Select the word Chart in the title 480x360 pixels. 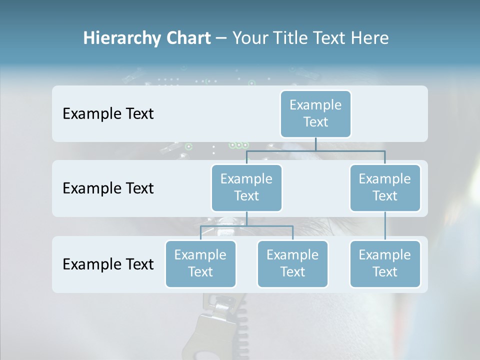pyautogui.click(x=188, y=38)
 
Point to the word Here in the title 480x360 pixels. pyautogui.click(x=370, y=38)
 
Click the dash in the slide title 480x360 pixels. pyautogui.click(x=221, y=38)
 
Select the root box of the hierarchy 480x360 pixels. pyautogui.click(x=315, y=113)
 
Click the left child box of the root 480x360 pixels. pyautogui.click(x=246, y=187)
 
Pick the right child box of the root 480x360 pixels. pyautogui.click(x=385, y=187)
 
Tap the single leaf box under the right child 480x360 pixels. pyautogui.click(x=385, y=263)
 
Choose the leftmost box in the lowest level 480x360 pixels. pyautogui.click(x=200, y=263)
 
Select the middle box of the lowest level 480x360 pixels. pyautogui.click(x=292, y=263)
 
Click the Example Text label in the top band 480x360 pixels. pyautogui.click(x=108, y=113)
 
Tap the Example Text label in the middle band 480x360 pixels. pyautogui.click(x=108, y=188)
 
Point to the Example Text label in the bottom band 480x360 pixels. pyautogui.click(x=108, y=264)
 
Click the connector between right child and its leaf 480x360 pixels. pyautogui.click(x=385, y=225)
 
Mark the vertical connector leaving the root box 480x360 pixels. pyautogui.click(x=315, y=143)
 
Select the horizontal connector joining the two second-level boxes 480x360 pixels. pyautogui.click(x=315, y=150)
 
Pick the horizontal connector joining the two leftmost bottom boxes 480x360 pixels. pyautogui.click(x=246, y=226)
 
